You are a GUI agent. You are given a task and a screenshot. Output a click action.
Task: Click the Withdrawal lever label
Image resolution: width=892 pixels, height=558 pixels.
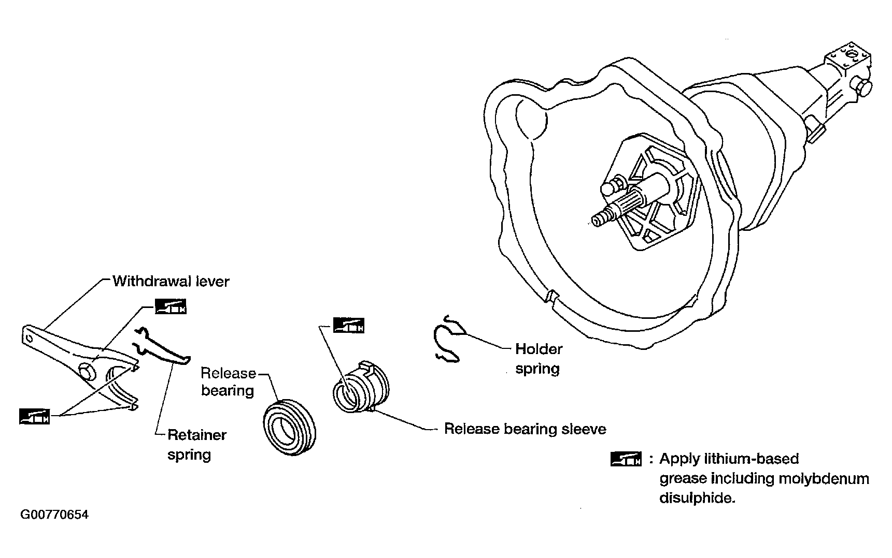tap(171, 281)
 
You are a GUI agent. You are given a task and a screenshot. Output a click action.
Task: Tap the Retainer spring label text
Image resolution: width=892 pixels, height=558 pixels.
tap(196, 445)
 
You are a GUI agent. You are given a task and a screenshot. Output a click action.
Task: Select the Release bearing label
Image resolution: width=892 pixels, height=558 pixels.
tap(228, 381)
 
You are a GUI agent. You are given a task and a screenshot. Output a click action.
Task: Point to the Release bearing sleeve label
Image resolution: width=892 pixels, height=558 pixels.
tap(525, 429)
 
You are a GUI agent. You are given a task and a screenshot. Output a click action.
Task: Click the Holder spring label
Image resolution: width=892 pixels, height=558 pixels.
tap(539, 359)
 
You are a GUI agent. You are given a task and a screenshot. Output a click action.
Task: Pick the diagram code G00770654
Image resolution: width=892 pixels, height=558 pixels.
tap(54, 515)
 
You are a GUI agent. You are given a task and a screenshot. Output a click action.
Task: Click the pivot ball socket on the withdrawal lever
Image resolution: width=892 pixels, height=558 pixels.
tap(88, 371)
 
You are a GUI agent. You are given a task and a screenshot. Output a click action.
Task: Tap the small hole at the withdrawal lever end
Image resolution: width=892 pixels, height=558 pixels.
tap(29, 339)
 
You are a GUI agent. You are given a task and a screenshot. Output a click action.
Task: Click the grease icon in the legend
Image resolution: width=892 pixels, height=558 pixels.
tap(626, 459)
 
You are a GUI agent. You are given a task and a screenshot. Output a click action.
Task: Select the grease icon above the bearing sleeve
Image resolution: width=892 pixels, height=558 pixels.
tap(348, 325)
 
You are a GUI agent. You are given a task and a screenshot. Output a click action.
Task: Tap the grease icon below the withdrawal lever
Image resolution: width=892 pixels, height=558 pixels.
tap(34, 416)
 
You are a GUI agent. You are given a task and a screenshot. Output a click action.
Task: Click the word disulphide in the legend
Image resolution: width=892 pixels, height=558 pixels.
tap(697, 498)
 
